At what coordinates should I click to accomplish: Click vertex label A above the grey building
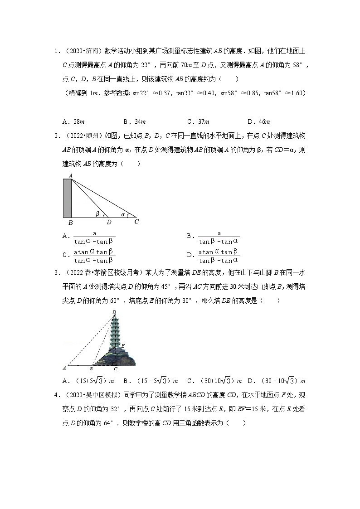click(x=71, y=175)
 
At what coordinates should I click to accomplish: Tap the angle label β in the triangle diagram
click(x=97, y=213)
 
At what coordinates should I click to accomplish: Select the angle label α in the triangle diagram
click(x=123, y=214)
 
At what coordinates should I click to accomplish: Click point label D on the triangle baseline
click(x=109, y=222)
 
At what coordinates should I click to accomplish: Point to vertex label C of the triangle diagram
click(x=136, y=222)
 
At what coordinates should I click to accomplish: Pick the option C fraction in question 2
click(x=94, y=256)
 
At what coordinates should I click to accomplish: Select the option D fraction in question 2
click(x=218, y=256)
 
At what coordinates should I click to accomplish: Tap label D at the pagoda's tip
click(x=114, y=312)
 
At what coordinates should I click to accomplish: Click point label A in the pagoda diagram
click(x=64, y=368)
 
